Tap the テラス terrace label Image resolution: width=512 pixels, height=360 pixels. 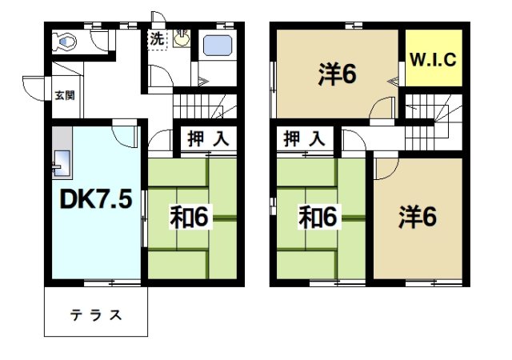point(94,314)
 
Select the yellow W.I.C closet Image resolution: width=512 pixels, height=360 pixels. point(433,58)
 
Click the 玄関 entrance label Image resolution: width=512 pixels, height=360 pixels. point(64,96)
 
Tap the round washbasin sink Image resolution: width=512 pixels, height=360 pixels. point(183,37)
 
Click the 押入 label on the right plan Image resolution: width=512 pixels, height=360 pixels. point(305,138)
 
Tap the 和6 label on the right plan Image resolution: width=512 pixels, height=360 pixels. point(318,217)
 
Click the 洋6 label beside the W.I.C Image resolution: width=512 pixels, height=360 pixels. point(337,75)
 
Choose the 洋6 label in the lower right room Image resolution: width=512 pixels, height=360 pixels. point(417,217)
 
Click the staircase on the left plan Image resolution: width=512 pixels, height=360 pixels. point(204,106)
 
